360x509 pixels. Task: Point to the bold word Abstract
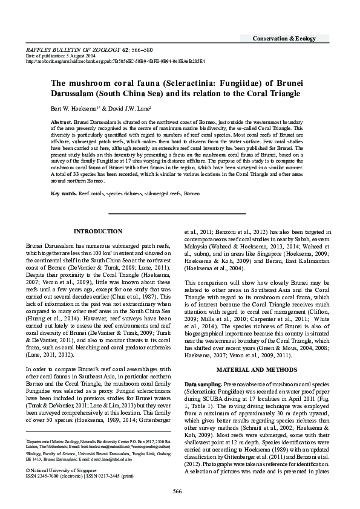61,122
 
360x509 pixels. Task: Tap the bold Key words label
63,177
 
